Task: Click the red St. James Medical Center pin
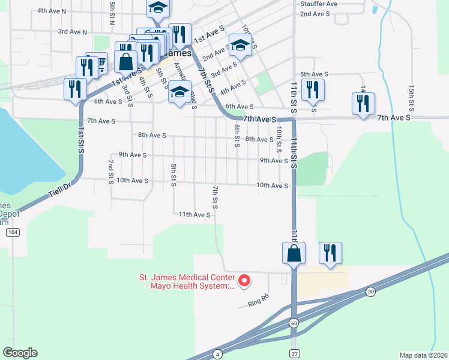(x=244, y=280)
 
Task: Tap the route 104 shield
(x=12, y=232)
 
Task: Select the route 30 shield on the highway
(x=370, y=292)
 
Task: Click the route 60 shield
(x=294, y=323)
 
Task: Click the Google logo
(x=20, y=353)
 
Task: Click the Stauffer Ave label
(x=319, y=4)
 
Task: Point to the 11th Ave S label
(x=194, y=214)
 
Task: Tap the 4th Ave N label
(x=52, y=11)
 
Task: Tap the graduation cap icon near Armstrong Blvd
(x=179, y=91)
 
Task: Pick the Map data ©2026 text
(x=423, y=355)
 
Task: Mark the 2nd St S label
(x=111, y=172)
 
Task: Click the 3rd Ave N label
(x=73, y=32)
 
